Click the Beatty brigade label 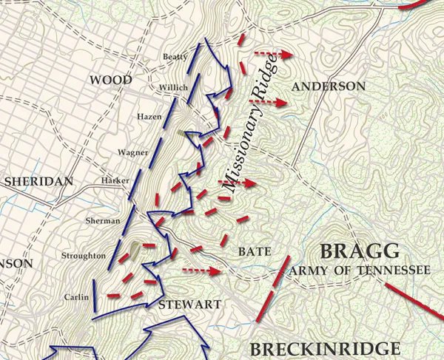coord(175,57)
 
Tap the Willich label coord(173,87)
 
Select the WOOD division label coord(110,80)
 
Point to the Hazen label coord(149,117)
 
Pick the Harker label coord(114,181)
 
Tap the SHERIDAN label coord(38,181)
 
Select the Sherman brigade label coord(103,220)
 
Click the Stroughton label coord(84,255)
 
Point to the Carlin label coord(75,297)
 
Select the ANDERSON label coord(329,86)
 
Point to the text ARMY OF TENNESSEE coord(359,271)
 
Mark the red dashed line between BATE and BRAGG coord(272,289)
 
